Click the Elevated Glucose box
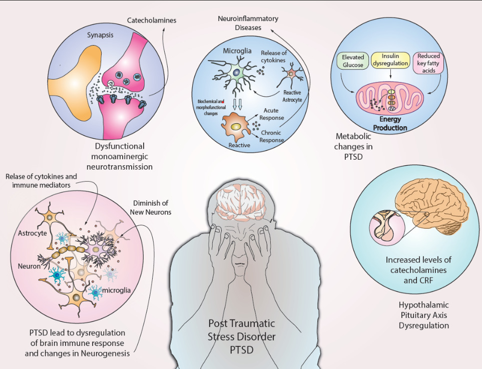[x=353, y=61]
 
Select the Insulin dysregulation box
[x=390, y=60]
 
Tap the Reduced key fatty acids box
[x=428, y=63]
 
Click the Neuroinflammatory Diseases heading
[x=248, y=23]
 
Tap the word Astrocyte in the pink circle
[x=32, y=233]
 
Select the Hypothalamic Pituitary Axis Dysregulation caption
[x=423, y=315]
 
